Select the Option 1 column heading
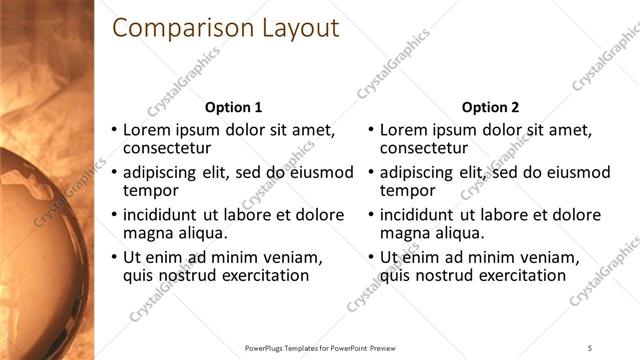click(233, 107)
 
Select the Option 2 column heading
click(491, 107)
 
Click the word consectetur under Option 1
click(168, 149)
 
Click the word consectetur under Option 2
click(426, 149)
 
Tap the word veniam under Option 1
click(290, 257)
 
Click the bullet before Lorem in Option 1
click(113, 130)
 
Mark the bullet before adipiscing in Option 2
click(371, 172)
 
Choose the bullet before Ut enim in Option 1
click(113, 257)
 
